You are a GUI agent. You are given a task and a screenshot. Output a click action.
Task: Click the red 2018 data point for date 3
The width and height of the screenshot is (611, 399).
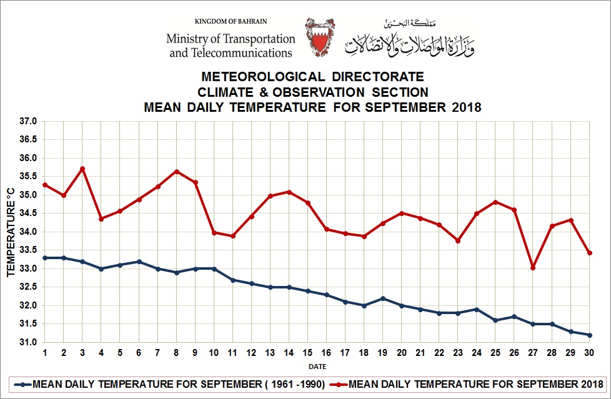(x=82, y=169)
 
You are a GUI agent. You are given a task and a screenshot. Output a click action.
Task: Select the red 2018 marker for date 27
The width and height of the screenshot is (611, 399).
(x=533, y=268)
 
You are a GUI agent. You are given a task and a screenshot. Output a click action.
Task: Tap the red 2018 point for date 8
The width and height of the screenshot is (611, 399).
(x=177, y=172)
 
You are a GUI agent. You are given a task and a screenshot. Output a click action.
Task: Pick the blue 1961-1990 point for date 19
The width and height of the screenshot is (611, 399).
(x=383, y=298)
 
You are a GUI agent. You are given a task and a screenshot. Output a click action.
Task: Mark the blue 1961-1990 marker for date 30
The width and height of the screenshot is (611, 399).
(x=589, y=335)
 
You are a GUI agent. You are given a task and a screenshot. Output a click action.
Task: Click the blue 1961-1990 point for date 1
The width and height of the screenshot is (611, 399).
(x=45, y=258)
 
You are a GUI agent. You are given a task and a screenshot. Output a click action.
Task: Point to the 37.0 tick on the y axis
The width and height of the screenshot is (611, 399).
(x=29, y=121)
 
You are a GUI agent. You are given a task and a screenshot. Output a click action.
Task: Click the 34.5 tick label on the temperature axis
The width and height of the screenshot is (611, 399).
(x=29, y=214)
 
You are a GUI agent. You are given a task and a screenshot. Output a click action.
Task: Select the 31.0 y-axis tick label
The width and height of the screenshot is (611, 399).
(x=29, y=343)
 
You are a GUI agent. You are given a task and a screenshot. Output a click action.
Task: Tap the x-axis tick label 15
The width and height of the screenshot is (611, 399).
(x=308, y=353)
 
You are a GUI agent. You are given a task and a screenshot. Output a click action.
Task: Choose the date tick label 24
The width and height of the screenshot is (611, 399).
(x=477, y=353)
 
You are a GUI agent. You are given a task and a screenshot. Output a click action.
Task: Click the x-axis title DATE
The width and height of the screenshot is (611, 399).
(x=317, y=367)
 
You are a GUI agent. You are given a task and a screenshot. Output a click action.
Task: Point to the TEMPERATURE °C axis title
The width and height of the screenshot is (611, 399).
(x=10, y=232)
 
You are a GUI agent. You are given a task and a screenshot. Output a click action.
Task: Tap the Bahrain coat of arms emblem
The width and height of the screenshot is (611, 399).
(x=319, y=38)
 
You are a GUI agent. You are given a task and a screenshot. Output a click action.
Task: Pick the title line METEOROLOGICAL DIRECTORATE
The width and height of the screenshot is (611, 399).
(x=312, y=77)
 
